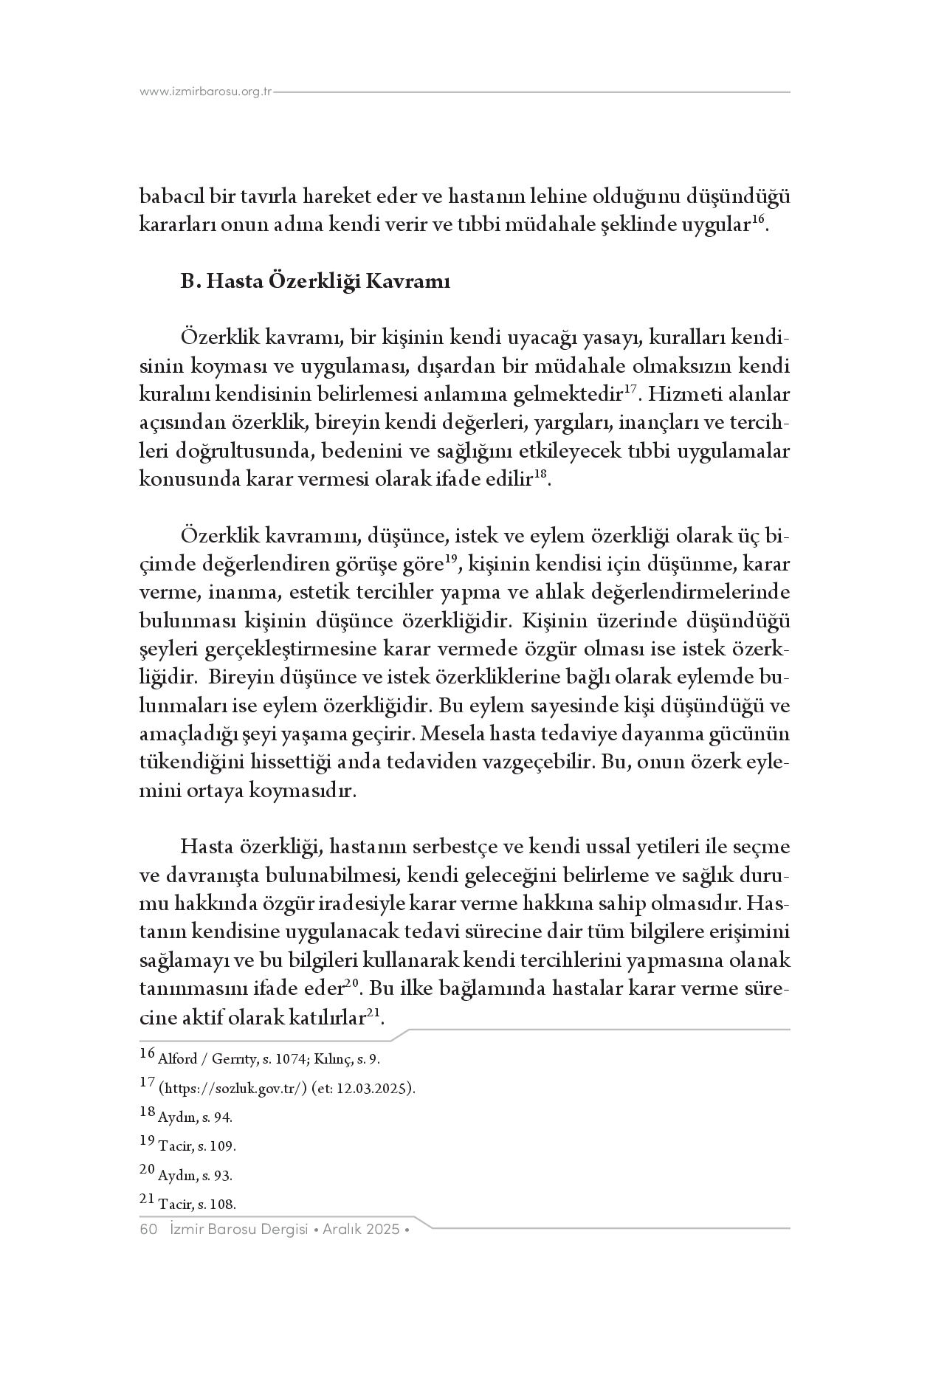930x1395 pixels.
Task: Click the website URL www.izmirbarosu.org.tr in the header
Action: click(x=206, y=92)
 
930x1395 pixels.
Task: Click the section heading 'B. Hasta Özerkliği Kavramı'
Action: click(x=315, y=282)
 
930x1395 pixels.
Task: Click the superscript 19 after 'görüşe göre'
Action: click(x=452, y=559)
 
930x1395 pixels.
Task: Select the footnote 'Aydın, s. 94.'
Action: click(x=195, y=1117)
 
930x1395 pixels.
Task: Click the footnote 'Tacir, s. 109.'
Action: click(x=196, y=1146)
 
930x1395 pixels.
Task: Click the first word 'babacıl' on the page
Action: click(x=167, y=197)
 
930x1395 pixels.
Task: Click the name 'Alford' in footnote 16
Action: click(x=178, y=1059)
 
